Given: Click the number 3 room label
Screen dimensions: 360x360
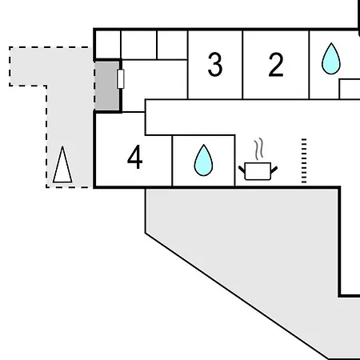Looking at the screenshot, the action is point(215,65).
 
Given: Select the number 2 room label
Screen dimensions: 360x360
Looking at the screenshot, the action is point(276,65).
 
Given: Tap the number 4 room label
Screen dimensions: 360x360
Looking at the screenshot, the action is point(135,157).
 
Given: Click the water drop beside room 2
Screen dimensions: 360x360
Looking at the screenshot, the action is point(331,58).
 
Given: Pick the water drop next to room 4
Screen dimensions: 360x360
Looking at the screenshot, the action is point(203,160).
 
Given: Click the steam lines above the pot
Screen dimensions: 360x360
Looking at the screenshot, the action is point(259,149).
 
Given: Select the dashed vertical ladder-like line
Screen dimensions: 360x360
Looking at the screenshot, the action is point(304,161).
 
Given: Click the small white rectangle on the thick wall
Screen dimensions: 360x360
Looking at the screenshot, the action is point(121,78).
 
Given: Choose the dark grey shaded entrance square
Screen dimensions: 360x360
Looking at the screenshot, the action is point(107,86).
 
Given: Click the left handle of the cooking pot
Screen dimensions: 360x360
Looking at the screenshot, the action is point(242,170).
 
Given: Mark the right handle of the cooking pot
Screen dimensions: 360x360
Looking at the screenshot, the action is point(274,170).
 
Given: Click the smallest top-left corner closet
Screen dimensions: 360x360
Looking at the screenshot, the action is point(108,44).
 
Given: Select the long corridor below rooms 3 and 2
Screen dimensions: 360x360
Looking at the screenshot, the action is point(252,117).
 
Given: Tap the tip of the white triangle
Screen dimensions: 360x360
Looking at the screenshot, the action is point(62,146).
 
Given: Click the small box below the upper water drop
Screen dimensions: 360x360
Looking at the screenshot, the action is point(350,89).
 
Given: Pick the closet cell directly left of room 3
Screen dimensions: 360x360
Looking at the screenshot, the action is point(172,45).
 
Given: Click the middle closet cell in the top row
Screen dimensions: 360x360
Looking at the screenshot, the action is point(138,45).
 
